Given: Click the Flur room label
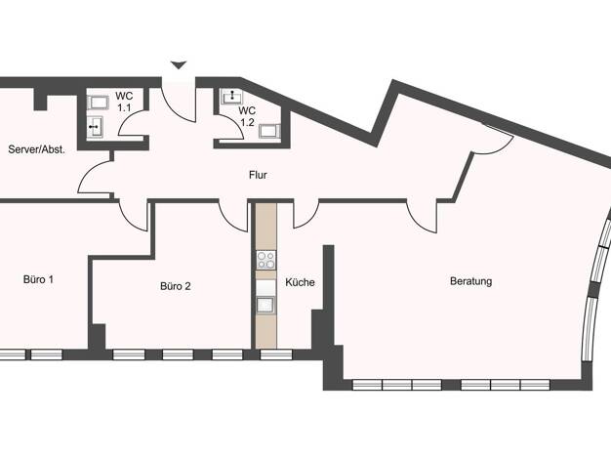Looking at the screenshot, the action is pyautogui.click(x=258, y=175).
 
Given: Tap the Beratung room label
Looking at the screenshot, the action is pyautogui.click(x=470, y=281).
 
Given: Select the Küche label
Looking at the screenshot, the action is pyautogui.click(x=300, y=282).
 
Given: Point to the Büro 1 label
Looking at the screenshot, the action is pyautogui.click(x=39, y=279).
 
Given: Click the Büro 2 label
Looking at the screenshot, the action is pyautogui.click(x=176, y=286).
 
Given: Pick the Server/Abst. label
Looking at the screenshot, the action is pyautogui.click(x=37, y=149).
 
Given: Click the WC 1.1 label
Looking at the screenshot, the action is pyautogui.click(x=124, y=102).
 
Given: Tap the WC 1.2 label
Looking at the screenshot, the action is pyautogui.click(x=248, y=116).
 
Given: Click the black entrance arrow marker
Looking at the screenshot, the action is pyautogui.click(x=179, y=65).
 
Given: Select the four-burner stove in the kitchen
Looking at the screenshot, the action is pyautogui.click(x=266, y=260).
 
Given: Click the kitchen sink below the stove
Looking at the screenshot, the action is pyautogui.click(x=265, y=305).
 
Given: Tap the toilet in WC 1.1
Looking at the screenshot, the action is pyautogui.click(x=98, y=103).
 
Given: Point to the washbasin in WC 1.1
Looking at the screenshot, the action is pyautogui.click(x=95, y=127).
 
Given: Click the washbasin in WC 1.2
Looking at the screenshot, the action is pyautogui.click(x=232, y=97).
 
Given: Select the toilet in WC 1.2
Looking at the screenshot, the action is pyautogui.click(x=269, y=131).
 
